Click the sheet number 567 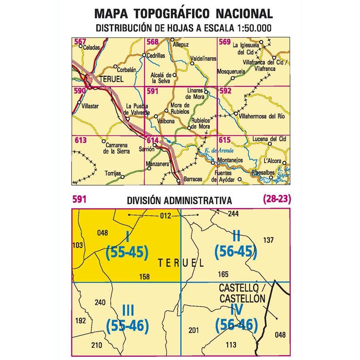click(80, 42)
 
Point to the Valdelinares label click(203, 58)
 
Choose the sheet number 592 click(226, 91)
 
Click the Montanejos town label click(231, 160)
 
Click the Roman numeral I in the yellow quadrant click(127, 237)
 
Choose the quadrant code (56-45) click(235, 252)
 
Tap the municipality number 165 click(224, 274)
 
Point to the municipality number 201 click(194, 330)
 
